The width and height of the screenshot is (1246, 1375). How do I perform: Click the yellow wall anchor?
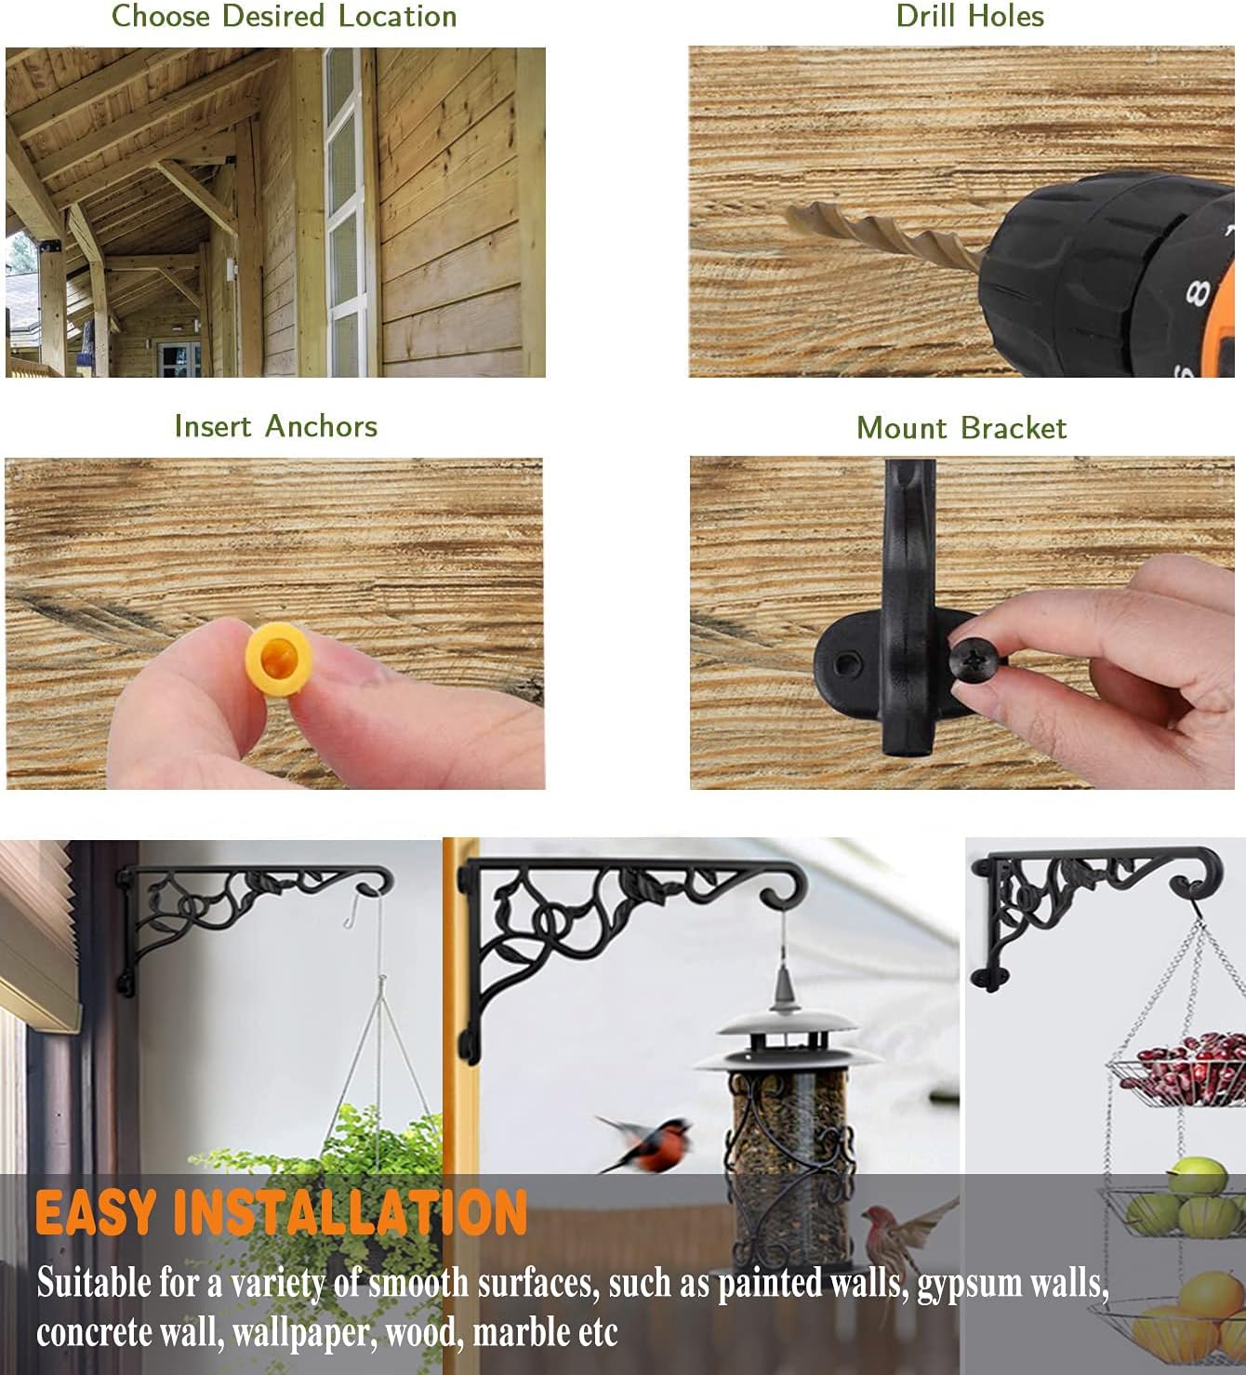[277, 659]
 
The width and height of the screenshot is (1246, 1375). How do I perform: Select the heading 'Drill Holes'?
[970, 16]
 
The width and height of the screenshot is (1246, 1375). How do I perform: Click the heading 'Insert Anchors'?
[276, 426]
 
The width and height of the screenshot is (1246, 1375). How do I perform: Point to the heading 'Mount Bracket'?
[961, 428]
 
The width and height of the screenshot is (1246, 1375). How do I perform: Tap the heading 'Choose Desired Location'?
[284, 16]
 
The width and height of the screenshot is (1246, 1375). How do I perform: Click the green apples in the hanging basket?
[1181, 1200]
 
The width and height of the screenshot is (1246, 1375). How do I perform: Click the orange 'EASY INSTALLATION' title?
[281, 1212]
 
